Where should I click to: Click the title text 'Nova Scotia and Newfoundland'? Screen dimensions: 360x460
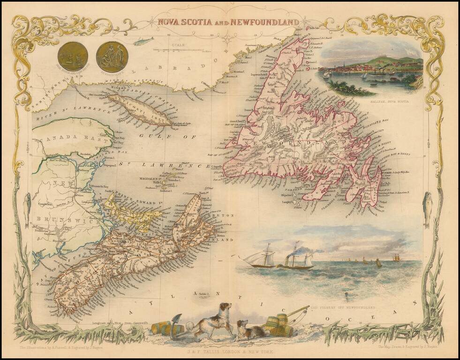tap(228, 22)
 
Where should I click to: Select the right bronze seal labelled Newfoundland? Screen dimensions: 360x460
tap(112, 57)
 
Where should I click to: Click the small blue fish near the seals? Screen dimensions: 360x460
tap(139, 41)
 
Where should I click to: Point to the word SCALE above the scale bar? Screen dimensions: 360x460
tap(178, 45)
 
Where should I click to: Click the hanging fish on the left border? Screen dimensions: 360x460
tap(28, 204)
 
